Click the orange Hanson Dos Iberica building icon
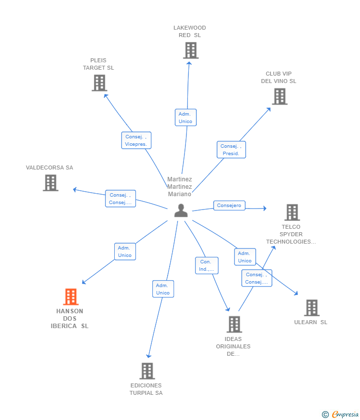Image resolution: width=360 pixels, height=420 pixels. click(x=71, y=297)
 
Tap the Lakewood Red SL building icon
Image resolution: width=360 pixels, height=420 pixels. click(x=190, y=50)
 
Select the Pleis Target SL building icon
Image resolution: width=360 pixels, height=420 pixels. click(x=99, y=83)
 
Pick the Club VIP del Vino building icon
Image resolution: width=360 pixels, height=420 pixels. click(x=279, y=96)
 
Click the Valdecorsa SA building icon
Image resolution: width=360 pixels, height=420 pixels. click(x=50, y=183)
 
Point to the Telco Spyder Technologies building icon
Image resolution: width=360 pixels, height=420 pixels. click(x=292, y=212)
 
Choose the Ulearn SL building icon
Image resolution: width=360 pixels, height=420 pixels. click(x=312, y=308)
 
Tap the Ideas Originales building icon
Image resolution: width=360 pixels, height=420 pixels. click(x=234, y=324)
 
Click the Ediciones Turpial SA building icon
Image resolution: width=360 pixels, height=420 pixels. click(x=147, y=371)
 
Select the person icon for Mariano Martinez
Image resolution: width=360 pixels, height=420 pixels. click(x=181, y=210)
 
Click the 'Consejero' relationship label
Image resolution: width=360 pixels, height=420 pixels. click(x=229, y=206)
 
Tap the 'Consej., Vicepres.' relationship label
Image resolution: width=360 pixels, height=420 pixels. click(x=136, y=140)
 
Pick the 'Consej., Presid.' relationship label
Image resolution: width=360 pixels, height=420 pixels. click(x=231, y=150)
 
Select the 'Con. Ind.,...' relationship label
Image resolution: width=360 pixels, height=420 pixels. click(x=206, y=265)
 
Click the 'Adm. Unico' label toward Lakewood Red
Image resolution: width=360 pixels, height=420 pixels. click(x=185, y=118)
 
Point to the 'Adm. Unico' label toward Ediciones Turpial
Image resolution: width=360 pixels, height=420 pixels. click(x=163, y=289)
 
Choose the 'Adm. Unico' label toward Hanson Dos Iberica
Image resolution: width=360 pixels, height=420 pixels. click(x=125, y=252)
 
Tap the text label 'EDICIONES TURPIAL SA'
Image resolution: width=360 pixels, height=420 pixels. click(x=146, y=389)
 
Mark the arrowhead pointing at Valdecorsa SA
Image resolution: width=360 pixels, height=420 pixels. click(x=75, y=190)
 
